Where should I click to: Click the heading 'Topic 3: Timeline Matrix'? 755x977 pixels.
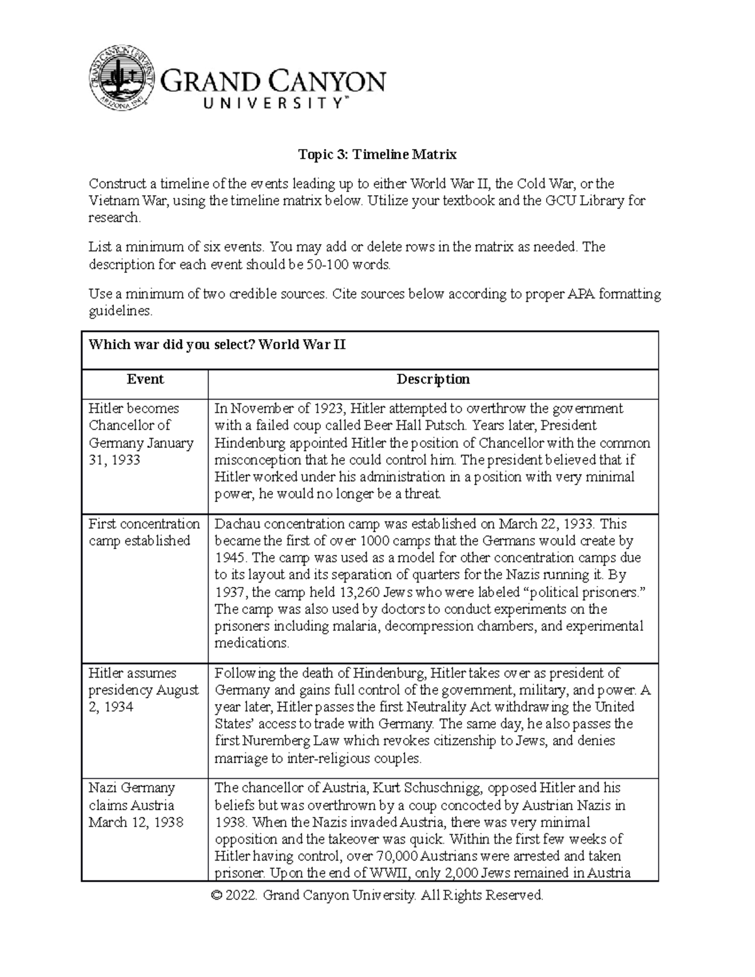tap(377, 154)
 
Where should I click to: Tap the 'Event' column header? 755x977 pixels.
tap(145, 379)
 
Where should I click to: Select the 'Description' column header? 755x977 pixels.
tap(433, 379)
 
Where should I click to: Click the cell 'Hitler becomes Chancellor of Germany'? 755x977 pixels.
tap(142, 434)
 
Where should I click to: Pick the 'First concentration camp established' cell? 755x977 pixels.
tap(144, 532)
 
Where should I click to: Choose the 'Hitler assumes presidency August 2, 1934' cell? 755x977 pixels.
tap(143, 690)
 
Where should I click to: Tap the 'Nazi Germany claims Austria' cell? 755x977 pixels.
tap(136, 805)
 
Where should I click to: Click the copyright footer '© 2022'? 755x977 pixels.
tap(235, 895)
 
